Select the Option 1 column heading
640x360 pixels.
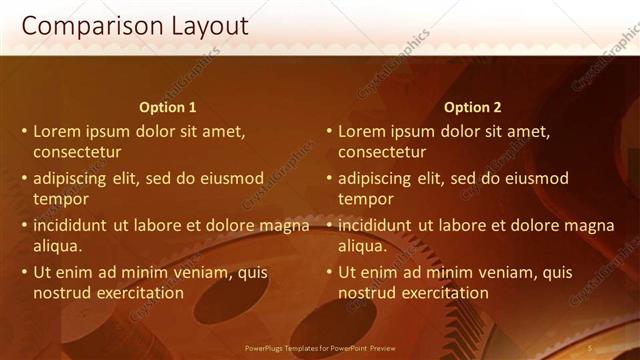coord(168,107)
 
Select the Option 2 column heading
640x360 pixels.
coord(473,107)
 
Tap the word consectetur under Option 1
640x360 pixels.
coord(77,153)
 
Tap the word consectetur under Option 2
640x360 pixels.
coord(382,153)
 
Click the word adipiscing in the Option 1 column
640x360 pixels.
coord(76,179)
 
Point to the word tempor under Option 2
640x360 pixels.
coord(366,199)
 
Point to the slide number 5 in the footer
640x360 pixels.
coord(590,347)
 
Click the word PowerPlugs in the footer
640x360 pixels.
coord(266,348)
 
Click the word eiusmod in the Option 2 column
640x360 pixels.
coord(537,179)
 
